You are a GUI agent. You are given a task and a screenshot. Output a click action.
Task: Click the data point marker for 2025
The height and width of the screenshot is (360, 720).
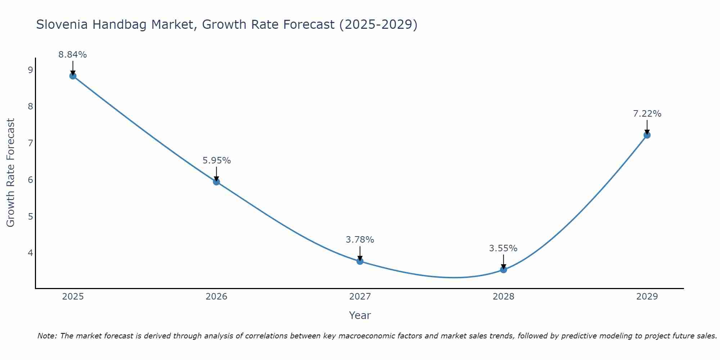coord(73,76)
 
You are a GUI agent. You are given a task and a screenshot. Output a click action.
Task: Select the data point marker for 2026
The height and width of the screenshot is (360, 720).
coord(216,182)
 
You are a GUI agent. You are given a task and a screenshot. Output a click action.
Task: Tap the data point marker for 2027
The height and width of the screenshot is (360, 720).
coord(360,261)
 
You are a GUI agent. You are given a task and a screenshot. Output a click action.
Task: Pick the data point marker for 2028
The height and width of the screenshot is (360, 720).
coord(503,269)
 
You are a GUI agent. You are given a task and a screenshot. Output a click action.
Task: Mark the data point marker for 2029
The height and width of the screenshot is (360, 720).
coord(647,135)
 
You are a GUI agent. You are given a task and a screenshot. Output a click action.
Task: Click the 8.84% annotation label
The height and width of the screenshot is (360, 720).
coord(73,55)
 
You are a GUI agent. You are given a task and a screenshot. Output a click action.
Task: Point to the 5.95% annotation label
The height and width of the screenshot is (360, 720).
coord(216,161)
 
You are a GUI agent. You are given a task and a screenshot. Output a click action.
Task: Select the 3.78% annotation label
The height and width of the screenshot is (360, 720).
coord(360,240)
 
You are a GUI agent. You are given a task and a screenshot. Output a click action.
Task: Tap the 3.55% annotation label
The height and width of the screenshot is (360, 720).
coord(503,248)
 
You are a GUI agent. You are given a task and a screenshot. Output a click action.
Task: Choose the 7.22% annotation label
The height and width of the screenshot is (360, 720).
coord(647,114)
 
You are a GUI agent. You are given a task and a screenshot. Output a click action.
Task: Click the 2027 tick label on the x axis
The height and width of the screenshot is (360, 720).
coord(360,297)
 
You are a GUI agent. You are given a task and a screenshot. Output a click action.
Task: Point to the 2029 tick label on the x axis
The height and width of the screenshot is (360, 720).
coord(647,297)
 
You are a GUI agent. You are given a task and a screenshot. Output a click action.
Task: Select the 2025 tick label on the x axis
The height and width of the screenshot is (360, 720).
coord(73,297)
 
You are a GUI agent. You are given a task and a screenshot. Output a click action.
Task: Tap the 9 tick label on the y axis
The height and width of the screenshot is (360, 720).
coord(30,70)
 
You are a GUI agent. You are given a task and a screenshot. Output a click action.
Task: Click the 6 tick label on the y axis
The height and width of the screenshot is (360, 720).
coord(30,180)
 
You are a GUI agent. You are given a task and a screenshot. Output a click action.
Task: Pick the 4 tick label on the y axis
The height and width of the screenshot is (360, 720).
coord(30,253)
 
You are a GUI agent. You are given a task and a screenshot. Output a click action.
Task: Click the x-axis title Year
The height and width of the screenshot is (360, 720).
coord(360,315)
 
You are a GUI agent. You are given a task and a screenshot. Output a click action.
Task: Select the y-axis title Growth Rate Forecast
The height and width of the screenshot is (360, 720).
coord(11,173)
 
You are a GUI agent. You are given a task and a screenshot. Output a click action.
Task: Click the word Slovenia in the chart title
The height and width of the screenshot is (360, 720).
coord(62,24)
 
